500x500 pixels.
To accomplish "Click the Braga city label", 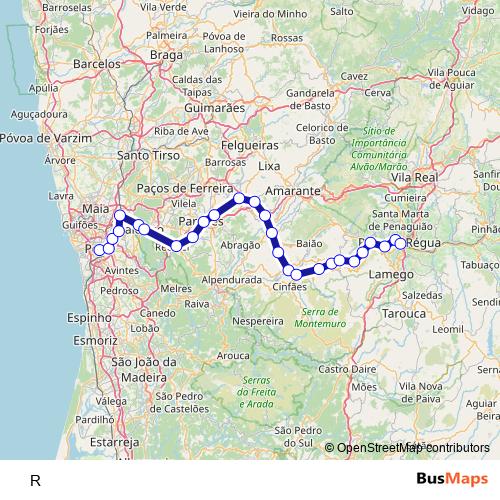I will point(166,55).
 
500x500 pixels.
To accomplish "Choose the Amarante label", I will point(294,189).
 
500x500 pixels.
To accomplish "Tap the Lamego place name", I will point(397,273).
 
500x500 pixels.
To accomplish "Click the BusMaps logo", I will point(451,479).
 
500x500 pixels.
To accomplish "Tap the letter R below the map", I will point(36,480).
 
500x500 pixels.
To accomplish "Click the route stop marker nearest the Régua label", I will point(400,243).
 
